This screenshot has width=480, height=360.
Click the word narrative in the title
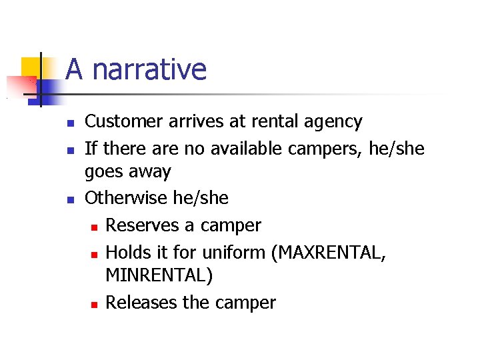[x=149, y=69]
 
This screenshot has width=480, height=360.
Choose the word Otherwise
[x=127, y=198]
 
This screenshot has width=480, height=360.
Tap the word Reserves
[x=143, y=225]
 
